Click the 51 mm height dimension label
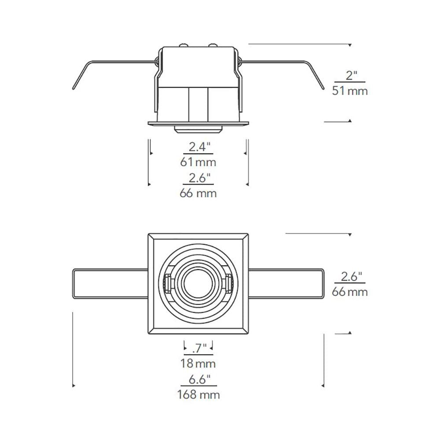click(x=350, y=91)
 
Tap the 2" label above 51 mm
click(x=351, y=76)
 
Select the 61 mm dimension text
click(x=198, y=162)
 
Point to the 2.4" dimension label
click(x=199, y=147)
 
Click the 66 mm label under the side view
click(x=198, y=193)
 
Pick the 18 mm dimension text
click(x=198, y=363)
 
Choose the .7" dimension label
click(x=199, y=348)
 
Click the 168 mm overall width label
click(x=198, y=395)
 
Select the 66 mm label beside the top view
click(x=350, y=292)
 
